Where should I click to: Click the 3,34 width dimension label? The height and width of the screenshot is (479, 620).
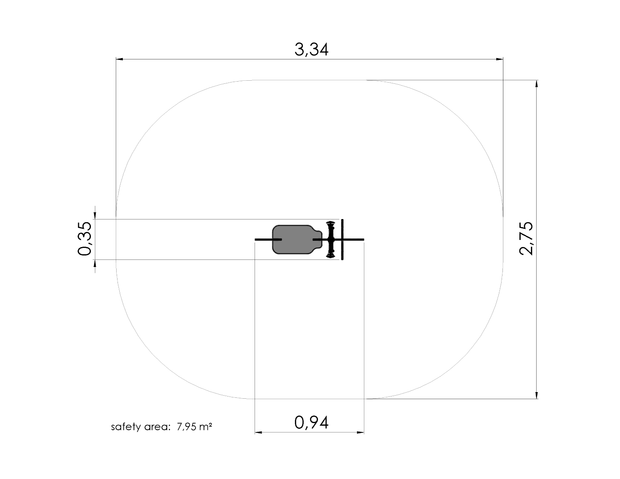[x=311, y=50]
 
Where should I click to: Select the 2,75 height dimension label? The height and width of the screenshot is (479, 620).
[x=526, y=238]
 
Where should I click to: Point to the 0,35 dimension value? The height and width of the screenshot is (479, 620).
[x=85, y=238]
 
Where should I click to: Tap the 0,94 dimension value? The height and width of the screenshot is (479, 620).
[x=311, y=423]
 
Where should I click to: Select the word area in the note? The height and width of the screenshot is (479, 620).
[x=157, y=427]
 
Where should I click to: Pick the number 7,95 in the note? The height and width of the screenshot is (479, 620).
[x=187, y=427]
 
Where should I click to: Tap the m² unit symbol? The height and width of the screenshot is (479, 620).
[x=206, y=427]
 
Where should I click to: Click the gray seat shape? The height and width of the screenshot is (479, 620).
[x=297, y=239]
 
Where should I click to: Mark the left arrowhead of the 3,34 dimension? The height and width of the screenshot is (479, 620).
[x=120, y=59]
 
